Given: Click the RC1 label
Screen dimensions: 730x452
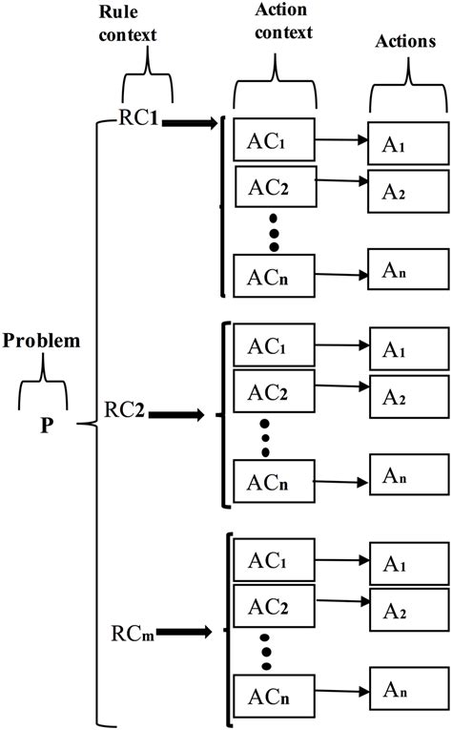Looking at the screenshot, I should click(x=139, y=119).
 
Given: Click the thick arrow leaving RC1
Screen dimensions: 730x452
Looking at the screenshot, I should click(x=191, y=121).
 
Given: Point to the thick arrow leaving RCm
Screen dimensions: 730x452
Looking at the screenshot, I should click(x=186, y=632).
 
